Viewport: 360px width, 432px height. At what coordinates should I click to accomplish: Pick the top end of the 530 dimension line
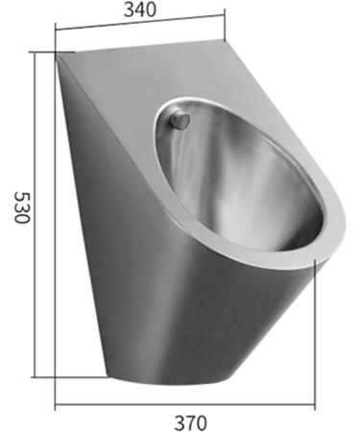[x=36, y=52]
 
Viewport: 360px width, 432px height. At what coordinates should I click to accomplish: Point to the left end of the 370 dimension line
[x=56, y=404]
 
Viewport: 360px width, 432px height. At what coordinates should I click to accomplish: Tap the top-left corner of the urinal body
[x=59, y=55]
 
